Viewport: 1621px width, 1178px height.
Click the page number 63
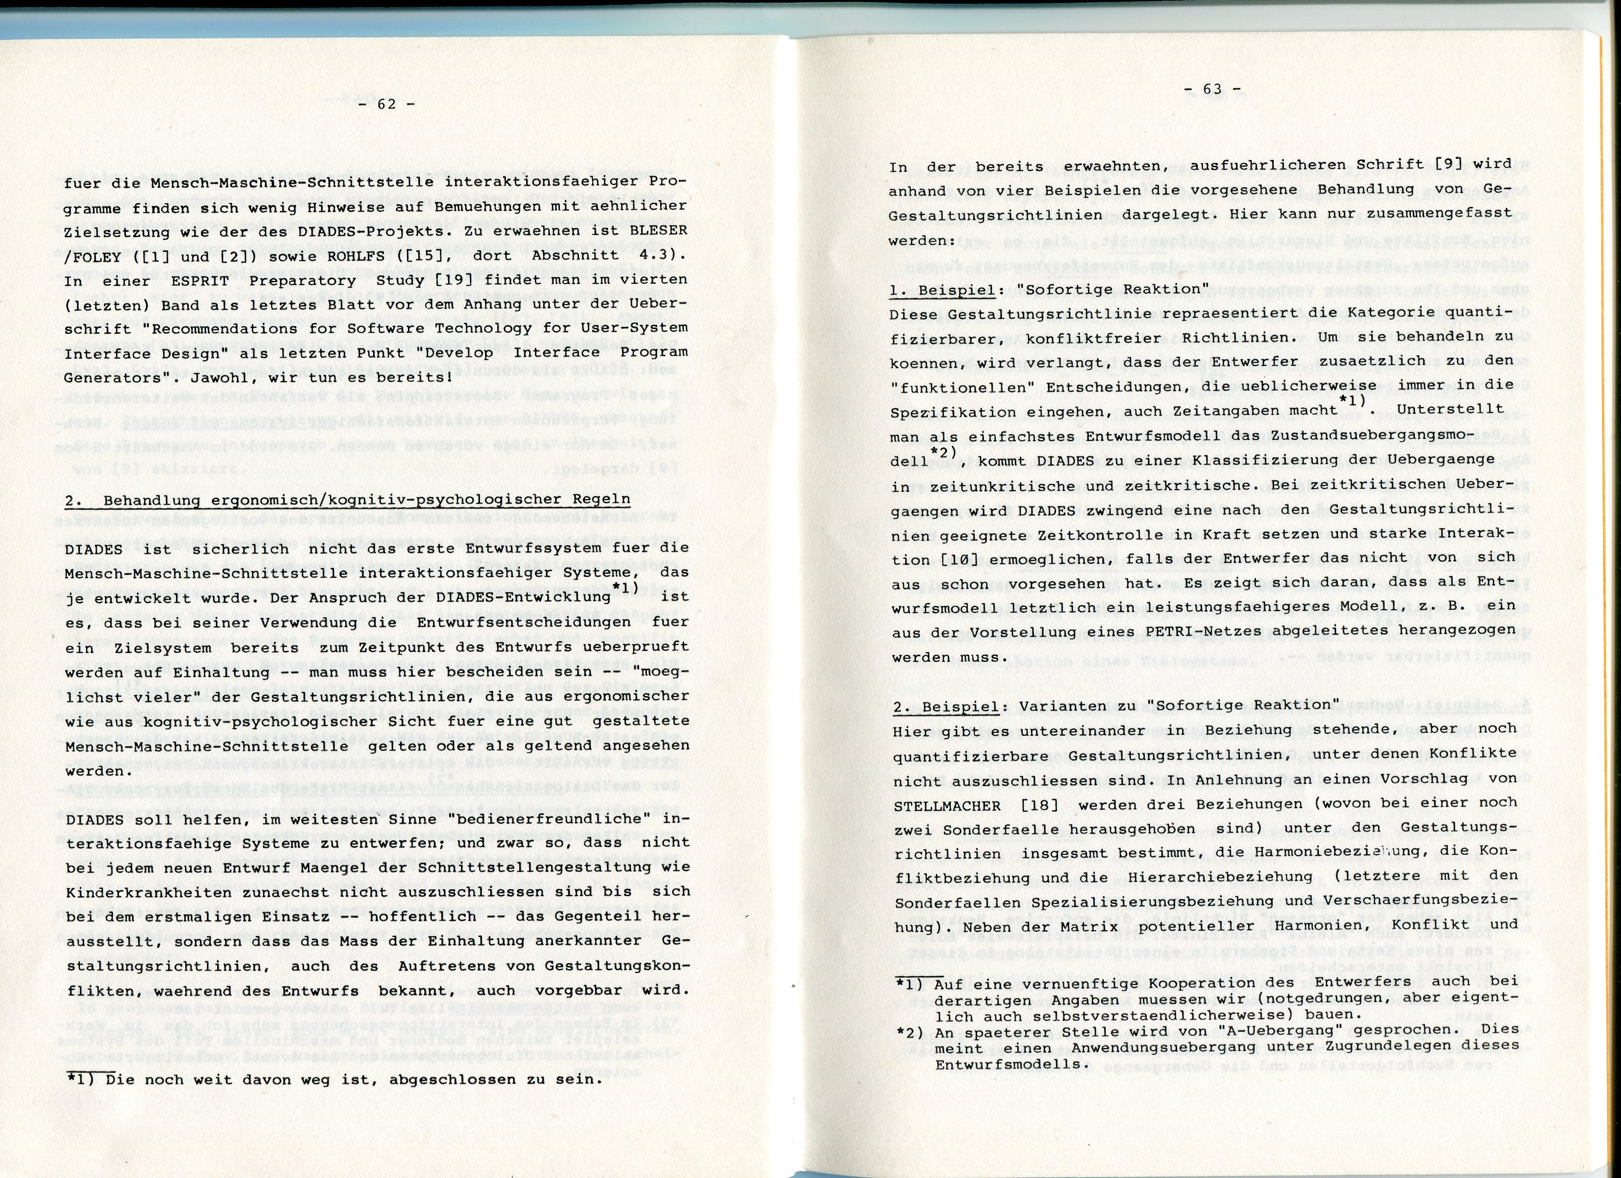pyautogui.click(x=1212, y=89)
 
